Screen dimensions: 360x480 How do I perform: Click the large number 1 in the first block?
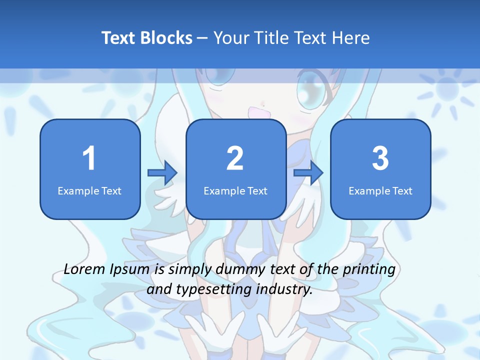89,158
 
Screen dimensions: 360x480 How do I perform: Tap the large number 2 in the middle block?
235,158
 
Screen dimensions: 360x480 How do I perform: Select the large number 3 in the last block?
380,158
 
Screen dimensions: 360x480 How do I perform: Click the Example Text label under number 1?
89,190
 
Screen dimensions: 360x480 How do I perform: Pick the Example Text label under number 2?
235,190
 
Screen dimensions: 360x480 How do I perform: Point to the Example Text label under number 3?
380,190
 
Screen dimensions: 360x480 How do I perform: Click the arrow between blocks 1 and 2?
162,173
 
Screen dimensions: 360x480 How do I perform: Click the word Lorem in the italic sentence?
85,269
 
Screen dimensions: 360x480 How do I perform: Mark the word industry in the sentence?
284,289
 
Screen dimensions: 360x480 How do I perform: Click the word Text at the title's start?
118,38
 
